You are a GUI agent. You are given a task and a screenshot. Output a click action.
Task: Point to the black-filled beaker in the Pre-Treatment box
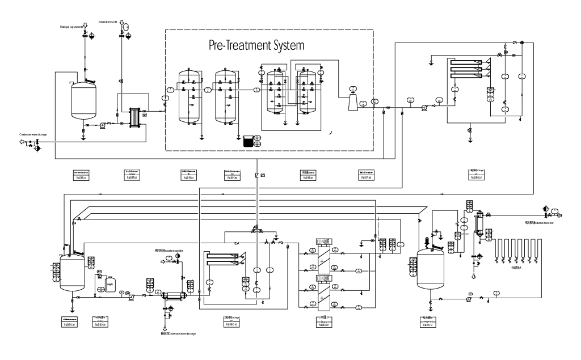(x=247, y=142)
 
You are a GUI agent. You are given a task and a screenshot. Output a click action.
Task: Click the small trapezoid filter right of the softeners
(x=352, y=102)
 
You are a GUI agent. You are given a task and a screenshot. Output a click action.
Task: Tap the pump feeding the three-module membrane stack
(x=424, y=107)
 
